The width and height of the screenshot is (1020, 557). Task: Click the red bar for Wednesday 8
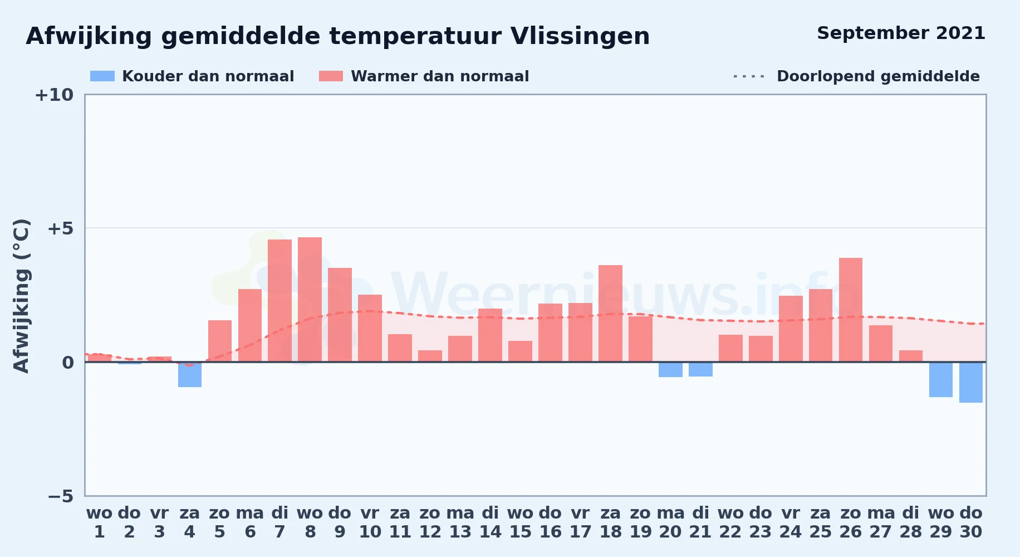tap(310, 300)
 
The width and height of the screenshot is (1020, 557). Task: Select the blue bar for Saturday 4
tap(190, 374)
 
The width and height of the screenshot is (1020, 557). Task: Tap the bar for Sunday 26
tap(851, 310)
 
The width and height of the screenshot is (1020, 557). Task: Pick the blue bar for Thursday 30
tap(971, 382)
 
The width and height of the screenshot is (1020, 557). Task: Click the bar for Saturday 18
tap(610, 314)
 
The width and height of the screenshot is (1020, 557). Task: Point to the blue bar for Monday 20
tap(670, 370)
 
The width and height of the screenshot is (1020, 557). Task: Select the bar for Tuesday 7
tap(279, 301)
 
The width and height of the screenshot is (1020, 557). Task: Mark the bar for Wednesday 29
tap(941, 379)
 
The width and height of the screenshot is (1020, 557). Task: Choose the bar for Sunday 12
tap(430, 356)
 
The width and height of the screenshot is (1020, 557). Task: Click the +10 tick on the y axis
tap(54, 95)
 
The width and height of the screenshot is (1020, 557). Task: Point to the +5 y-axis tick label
tap(60, 228)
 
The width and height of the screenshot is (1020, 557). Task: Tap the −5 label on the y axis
tap(60, 496)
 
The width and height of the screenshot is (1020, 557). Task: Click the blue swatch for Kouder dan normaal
tap(102, 76)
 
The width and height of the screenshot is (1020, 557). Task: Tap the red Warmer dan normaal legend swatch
tap(331, 76)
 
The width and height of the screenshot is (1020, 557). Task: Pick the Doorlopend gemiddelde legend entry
tap(856, 76)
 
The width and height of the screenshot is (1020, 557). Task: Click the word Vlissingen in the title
tap(580, 37)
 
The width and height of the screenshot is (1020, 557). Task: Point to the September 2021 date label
tap(901, 33)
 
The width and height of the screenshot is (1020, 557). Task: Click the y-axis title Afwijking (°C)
tap(21, 295)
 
